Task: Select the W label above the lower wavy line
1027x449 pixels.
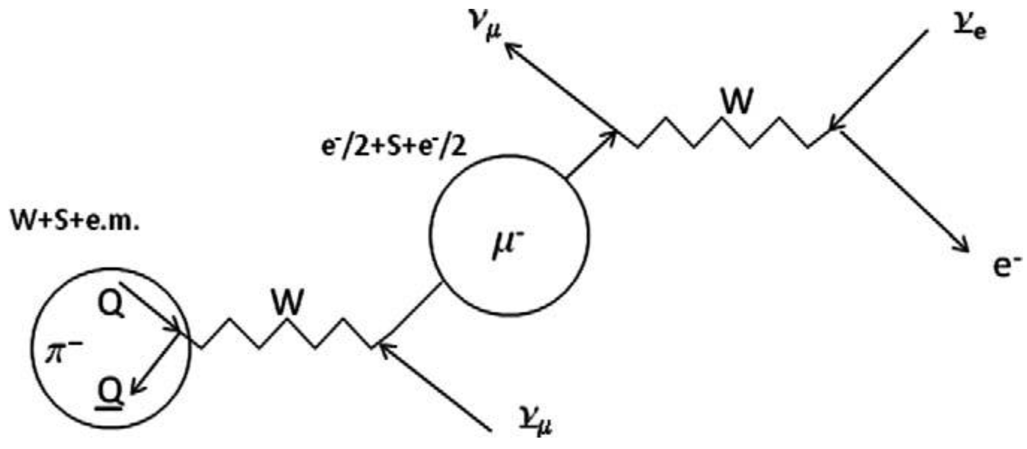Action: pyautogui.click(x=287, y=302)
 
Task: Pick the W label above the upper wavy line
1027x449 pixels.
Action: pyautogui.click(x=736, y=101)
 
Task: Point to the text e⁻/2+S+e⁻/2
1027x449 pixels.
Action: pyautogui.click(x=393, y=147)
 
